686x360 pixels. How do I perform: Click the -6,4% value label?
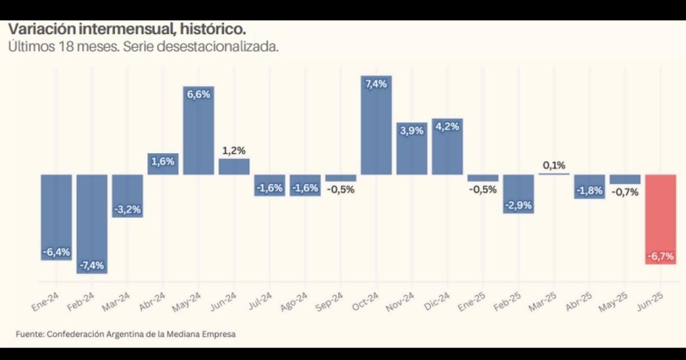click(x=57, y=252)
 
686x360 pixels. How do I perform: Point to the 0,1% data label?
click(x=553, y=166)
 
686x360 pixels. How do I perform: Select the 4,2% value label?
click(x=447, y=127)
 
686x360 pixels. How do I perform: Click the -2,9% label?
click(x=519, y=205)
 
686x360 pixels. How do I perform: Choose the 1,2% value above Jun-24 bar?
click(x=234, y=151)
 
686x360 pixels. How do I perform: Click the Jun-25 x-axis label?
click(x=651, y=301)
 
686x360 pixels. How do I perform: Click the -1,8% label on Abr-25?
click(x=589, y=190)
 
